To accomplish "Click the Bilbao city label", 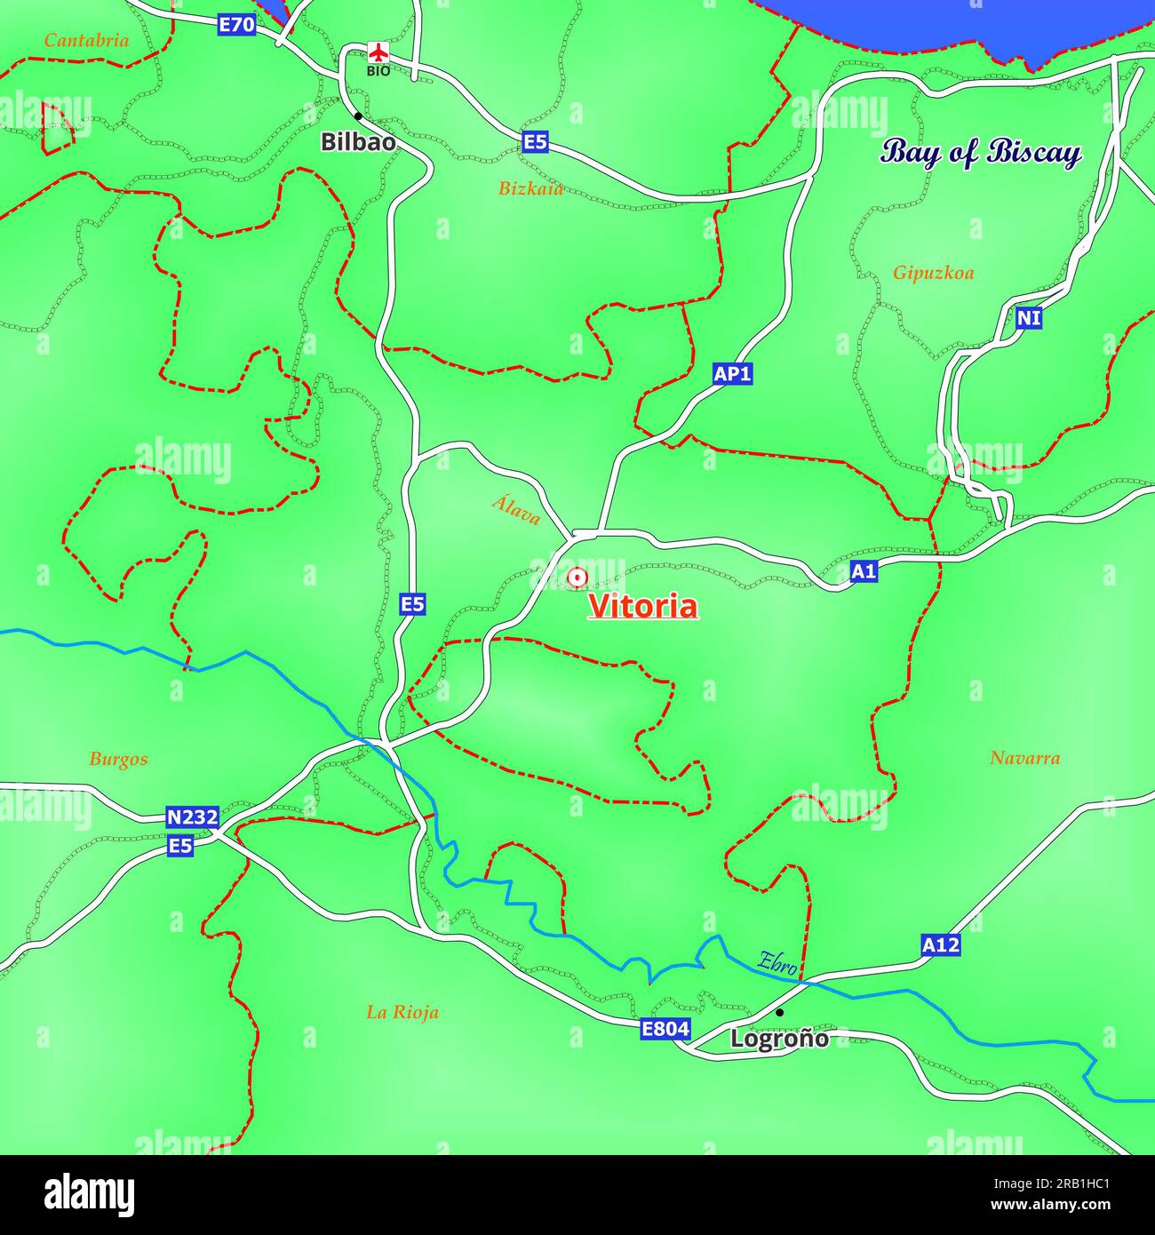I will [358, 141].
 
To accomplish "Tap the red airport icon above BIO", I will [378, 52].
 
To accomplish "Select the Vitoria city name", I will [643, 606].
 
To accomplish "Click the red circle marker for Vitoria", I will [577, 578].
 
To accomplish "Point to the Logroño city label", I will [779, 1038].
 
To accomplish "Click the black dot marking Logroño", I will [779, 1012].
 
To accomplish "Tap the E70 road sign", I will [236, 25].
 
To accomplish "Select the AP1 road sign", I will [733, 374].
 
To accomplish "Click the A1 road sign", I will [864, 571].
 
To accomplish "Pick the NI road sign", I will [1029, 318].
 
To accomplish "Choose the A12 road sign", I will [940, 945].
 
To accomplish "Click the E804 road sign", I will [665, 1029].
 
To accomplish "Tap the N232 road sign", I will [192, 817].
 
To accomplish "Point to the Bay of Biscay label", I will [981, 153].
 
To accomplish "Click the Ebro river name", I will [777, 963].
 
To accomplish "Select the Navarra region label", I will [1024, 758].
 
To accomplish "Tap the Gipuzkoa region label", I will [933, 273].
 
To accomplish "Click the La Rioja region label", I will [402, 1012].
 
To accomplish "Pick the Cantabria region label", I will [86, 40].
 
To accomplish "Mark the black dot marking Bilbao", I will [358, 116].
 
